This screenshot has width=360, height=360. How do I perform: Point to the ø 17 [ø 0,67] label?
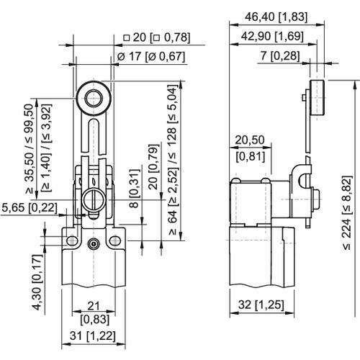tap(151, 57)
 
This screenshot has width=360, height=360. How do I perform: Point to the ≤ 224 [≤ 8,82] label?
tap(348, 212)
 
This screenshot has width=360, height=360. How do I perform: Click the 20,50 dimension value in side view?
tap(250, 140)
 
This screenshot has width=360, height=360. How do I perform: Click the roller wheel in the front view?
tap(94, 99)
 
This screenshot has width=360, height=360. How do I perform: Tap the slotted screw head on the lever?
tap(94, 199)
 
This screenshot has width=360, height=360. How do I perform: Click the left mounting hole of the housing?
tap(72, 240)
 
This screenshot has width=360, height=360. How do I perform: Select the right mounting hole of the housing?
tap(115, 240)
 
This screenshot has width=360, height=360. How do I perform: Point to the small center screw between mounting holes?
tap(93, 244)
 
